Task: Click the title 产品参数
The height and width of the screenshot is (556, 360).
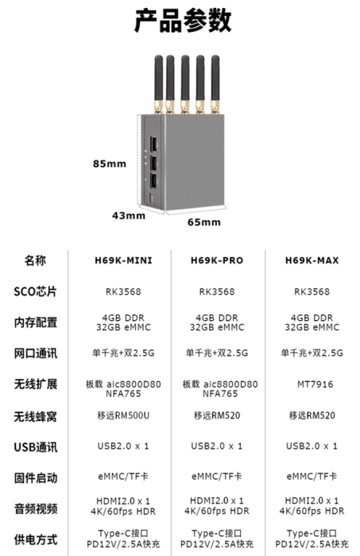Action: (183, 21)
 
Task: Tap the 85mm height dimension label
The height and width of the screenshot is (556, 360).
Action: (110, 164)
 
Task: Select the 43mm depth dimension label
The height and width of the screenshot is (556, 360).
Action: (129, 215)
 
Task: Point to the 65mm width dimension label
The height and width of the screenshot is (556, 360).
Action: (204, 222)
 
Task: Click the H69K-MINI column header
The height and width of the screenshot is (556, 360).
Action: (123, 261)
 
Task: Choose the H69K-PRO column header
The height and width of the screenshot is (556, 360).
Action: (217, 261)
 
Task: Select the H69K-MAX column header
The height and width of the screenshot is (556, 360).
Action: (312, 261)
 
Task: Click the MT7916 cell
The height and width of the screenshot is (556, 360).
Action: (315, 384)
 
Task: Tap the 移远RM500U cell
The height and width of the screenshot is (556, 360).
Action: (123, 415)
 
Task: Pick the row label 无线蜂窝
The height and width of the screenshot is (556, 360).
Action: (36, 416)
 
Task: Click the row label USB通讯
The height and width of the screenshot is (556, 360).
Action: (36, 447)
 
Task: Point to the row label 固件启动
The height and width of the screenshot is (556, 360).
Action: (36, 478)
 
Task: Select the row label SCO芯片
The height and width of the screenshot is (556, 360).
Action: (36, 292)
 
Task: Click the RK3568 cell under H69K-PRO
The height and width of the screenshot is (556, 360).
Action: (217, 292)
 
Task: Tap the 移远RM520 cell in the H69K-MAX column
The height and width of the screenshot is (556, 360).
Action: (312, 415)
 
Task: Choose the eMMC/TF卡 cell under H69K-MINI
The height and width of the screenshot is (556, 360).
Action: (123, 477)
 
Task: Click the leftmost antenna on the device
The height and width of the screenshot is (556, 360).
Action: (158, 84)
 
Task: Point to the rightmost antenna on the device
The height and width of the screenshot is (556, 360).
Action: (215, 84)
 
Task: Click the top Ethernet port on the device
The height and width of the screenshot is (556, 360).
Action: (153, 145)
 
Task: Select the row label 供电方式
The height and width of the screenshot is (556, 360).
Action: (36, 539)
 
